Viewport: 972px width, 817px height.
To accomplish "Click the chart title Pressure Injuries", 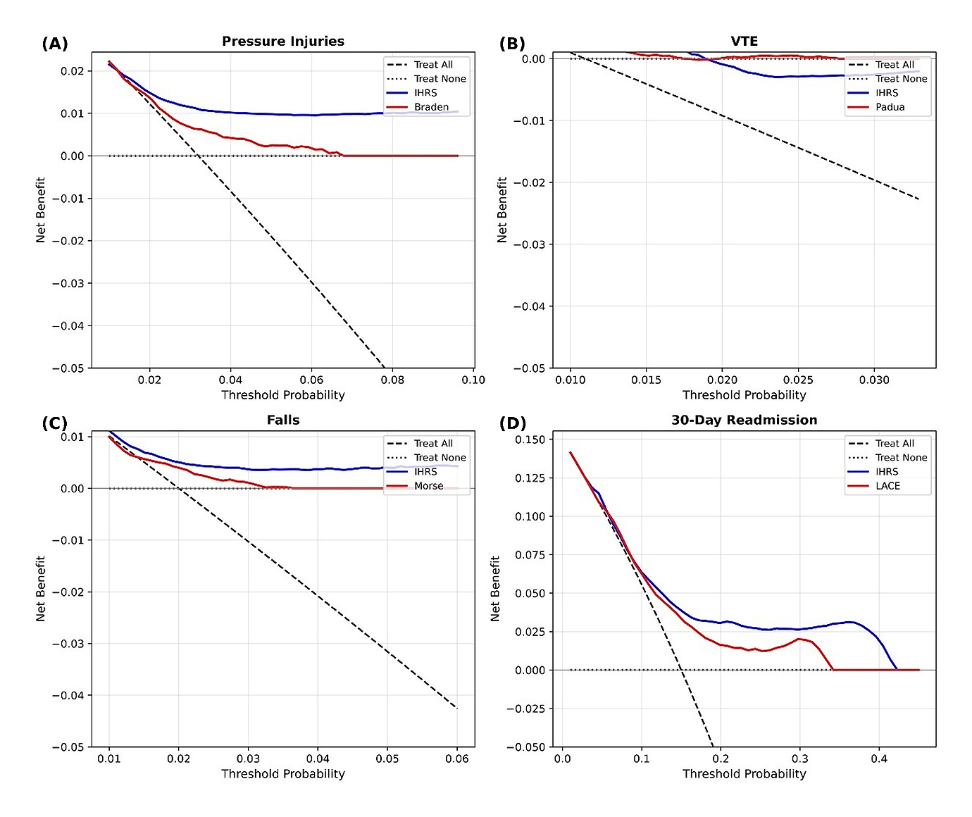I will [283, 42].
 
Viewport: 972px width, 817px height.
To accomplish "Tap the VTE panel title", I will [744, 42].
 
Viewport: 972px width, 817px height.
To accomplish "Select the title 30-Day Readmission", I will [744, 420].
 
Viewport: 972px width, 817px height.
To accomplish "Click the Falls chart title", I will [283, 420].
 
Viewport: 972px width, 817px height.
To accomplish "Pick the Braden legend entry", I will [431, 107].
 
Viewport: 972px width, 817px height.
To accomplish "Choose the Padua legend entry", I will [890, 107].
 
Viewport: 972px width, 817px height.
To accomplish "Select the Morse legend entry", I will [428, 486].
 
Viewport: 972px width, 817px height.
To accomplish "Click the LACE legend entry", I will [887, 486].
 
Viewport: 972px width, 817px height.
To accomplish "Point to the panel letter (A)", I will [55, 44].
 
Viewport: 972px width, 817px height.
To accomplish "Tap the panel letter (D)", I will [512, 423].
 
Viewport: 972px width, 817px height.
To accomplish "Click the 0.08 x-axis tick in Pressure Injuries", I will [392, 380].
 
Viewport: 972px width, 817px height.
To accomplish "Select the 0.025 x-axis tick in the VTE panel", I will [798, 380].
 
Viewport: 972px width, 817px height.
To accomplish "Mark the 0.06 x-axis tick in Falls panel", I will [457, 759].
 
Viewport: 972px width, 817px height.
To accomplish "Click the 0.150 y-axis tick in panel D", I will [530, 439].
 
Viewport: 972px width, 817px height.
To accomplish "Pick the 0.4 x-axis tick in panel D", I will [879, 759].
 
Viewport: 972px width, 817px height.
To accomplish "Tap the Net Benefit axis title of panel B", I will [502, 210].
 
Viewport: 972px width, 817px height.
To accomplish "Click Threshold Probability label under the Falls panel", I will [283, 774].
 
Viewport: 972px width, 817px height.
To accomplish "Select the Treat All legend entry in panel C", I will [433, 444].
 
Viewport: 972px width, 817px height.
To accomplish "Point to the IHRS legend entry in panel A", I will [425, 93].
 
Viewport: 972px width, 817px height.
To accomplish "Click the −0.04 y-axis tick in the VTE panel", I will [529, 306].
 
